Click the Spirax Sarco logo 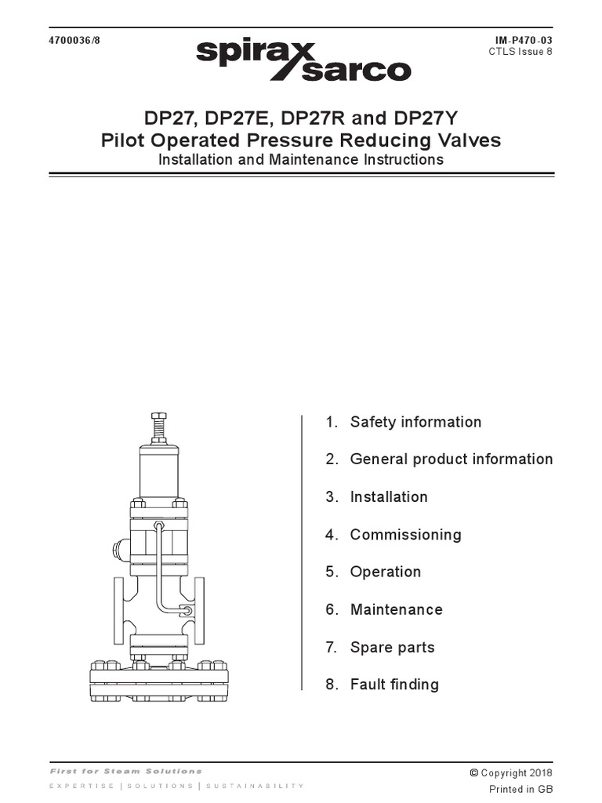[303, 60]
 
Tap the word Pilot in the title [125, 141]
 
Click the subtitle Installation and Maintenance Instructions [301, 160]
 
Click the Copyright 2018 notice [511, 772]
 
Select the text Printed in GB [520, 789]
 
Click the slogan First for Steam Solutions [125, 772]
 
